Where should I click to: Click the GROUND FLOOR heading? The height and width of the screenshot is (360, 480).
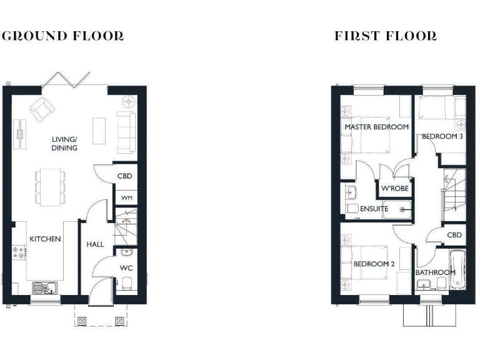[62, 36]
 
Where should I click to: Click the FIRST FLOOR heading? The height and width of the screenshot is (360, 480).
[386, 36]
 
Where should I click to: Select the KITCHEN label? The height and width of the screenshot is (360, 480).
[45, 239]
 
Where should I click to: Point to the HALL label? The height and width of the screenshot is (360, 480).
[95, 244]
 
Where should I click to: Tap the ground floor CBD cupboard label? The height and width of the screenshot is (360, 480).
[125, 176]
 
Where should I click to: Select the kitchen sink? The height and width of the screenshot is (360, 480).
[45, 287]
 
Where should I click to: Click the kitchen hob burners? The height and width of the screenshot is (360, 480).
[19, 253]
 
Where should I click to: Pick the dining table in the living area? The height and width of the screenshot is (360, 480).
[49, 185]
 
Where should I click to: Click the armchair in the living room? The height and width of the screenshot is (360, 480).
[42, 109]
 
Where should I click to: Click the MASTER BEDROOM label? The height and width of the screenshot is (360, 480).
[377, 127]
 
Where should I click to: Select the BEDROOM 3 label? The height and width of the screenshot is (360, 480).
[442, 136]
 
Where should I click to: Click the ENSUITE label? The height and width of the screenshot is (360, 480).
[374, 209]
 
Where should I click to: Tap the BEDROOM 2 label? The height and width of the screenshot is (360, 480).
[374, 264]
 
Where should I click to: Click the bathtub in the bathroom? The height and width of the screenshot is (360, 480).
[457, 270]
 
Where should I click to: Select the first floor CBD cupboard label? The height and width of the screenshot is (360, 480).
[454, 235]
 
